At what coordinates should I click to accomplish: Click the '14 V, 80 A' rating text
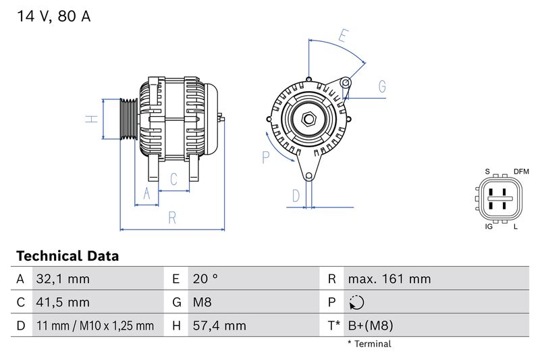click(x=53, y=17)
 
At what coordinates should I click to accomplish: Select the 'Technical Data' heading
click(x=67, y=257)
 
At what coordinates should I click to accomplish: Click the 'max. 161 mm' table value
click(x=389, y=279)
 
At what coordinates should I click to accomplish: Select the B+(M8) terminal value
click(x=370, y=326)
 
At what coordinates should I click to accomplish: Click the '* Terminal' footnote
click(x=369, y=344)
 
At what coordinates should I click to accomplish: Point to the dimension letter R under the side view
click(x=172, y=217)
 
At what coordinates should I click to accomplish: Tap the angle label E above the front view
click(x=344, y=36)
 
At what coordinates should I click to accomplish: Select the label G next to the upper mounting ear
click(x=382, y=86)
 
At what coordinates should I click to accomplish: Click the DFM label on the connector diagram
click(x=521, y=172)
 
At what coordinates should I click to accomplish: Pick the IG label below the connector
click(x=489, y=226)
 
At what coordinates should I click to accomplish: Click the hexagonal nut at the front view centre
click(x=309, y=120)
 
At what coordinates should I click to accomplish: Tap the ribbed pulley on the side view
click(x=128, y=119)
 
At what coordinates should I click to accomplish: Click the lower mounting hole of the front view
click(x=309, y=177)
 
